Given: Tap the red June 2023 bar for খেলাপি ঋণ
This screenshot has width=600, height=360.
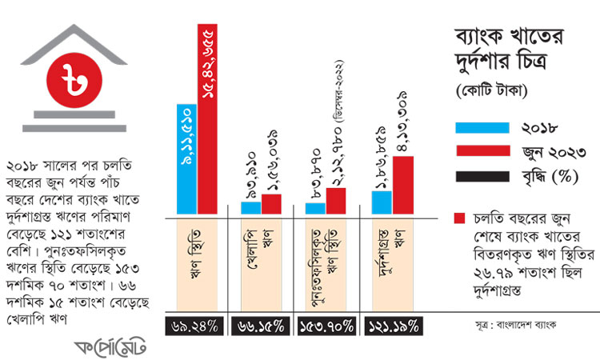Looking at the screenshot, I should coord(272,204).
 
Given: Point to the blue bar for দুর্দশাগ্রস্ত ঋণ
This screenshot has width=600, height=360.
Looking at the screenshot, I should coord(382,202).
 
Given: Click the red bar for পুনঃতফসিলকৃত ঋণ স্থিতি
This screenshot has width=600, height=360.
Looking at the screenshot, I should coord(336,201).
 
